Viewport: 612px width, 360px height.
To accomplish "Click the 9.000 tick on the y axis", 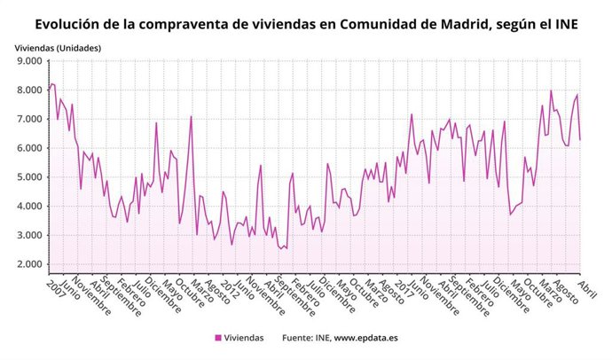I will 28,61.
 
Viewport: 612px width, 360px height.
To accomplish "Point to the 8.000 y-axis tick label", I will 28,90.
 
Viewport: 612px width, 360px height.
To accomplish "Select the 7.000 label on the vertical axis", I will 28,119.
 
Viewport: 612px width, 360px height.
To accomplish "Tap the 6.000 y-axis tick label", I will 28,148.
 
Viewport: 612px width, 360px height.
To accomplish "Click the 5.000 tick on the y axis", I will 28,177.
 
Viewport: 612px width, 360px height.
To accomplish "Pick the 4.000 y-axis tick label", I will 28,206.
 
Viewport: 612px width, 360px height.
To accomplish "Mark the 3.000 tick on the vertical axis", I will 28,235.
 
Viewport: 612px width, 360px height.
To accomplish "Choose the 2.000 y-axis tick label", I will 28,264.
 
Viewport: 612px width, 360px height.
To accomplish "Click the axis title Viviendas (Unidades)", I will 58,46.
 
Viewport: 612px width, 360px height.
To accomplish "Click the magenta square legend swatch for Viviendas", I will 217,338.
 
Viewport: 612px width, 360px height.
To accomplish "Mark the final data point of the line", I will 580,139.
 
